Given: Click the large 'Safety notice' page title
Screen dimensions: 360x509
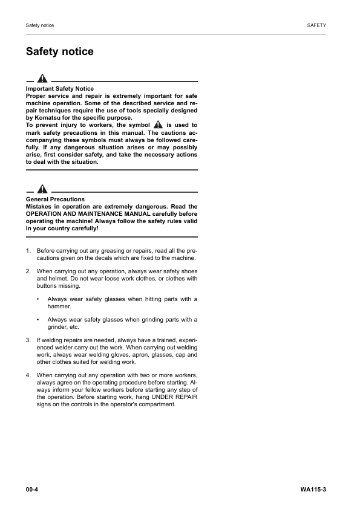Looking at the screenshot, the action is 59,51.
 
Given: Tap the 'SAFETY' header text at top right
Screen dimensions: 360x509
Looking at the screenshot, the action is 316,25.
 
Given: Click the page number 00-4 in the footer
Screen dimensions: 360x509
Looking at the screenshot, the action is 33,488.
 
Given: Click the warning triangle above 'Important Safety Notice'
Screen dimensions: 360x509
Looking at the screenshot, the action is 42,79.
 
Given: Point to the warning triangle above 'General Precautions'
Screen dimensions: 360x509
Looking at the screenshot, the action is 42,189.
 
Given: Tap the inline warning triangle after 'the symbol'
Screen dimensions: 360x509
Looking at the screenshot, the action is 158,125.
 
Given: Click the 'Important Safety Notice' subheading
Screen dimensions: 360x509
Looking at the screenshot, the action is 60,89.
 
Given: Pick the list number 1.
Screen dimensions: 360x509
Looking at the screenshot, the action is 28,250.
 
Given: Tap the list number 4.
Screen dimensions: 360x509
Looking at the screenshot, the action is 28,375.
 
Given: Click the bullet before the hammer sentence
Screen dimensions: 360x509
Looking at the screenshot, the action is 38,299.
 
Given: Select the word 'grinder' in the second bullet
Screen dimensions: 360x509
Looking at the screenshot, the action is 57,326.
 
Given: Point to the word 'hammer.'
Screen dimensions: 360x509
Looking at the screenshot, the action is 59,306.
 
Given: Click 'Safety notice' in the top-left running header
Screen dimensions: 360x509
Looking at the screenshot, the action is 40,25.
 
